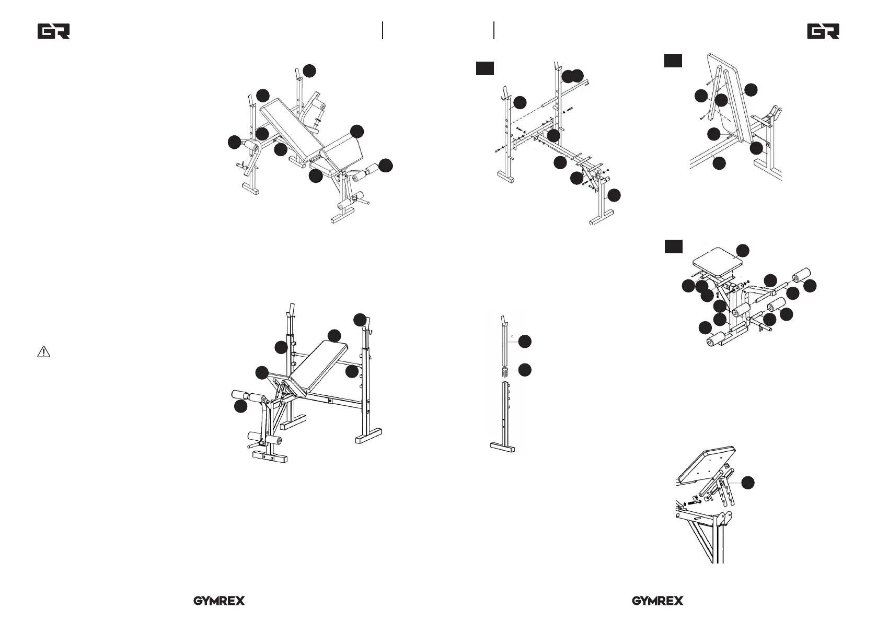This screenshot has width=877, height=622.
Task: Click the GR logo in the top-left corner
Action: click(53, 32)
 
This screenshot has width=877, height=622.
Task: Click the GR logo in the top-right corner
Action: click(823, 32)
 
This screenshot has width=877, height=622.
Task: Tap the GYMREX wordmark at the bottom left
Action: click(219, 601)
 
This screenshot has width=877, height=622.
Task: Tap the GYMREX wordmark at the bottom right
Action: click(657, 601)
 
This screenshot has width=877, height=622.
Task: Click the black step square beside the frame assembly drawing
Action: click(484, 68)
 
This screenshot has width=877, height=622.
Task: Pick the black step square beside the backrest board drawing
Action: click(673, 60)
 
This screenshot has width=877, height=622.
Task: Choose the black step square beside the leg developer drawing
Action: click(673, 246)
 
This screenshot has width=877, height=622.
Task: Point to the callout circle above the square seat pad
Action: click(742, 250)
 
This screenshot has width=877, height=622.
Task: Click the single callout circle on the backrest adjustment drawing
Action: click(748, 483)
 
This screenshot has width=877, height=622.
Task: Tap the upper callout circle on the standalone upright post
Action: click(525, 342)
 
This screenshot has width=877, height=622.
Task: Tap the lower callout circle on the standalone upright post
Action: click(525, 370)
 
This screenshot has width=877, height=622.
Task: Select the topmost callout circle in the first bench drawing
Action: click(310, 71)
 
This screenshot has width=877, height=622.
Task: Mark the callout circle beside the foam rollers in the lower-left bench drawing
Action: click(240, 406)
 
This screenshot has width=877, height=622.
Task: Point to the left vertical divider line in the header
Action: click(383, 30)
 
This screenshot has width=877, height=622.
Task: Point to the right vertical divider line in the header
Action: click(493, 30)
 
